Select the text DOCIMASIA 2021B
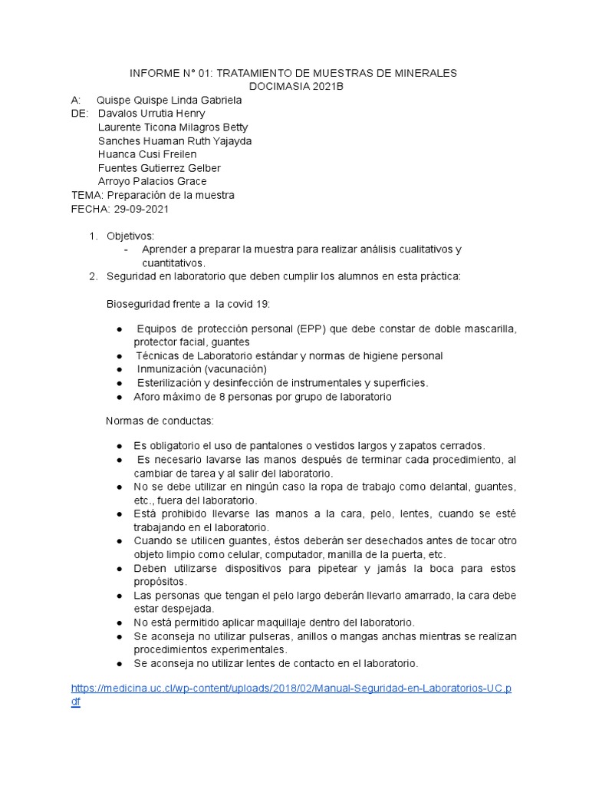tap(292, 87)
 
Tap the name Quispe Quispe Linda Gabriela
tap(169, 101)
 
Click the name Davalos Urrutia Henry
tap(152, 114)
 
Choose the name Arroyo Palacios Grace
tap(153, 181)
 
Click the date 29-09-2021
tap(142, 208)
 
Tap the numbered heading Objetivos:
tap(130, 236)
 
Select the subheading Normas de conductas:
tap(160, 421)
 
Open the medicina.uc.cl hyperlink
tap(291, 689)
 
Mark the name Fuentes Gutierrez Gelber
tap(160, 168)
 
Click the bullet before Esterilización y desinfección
tap(120, 383)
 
